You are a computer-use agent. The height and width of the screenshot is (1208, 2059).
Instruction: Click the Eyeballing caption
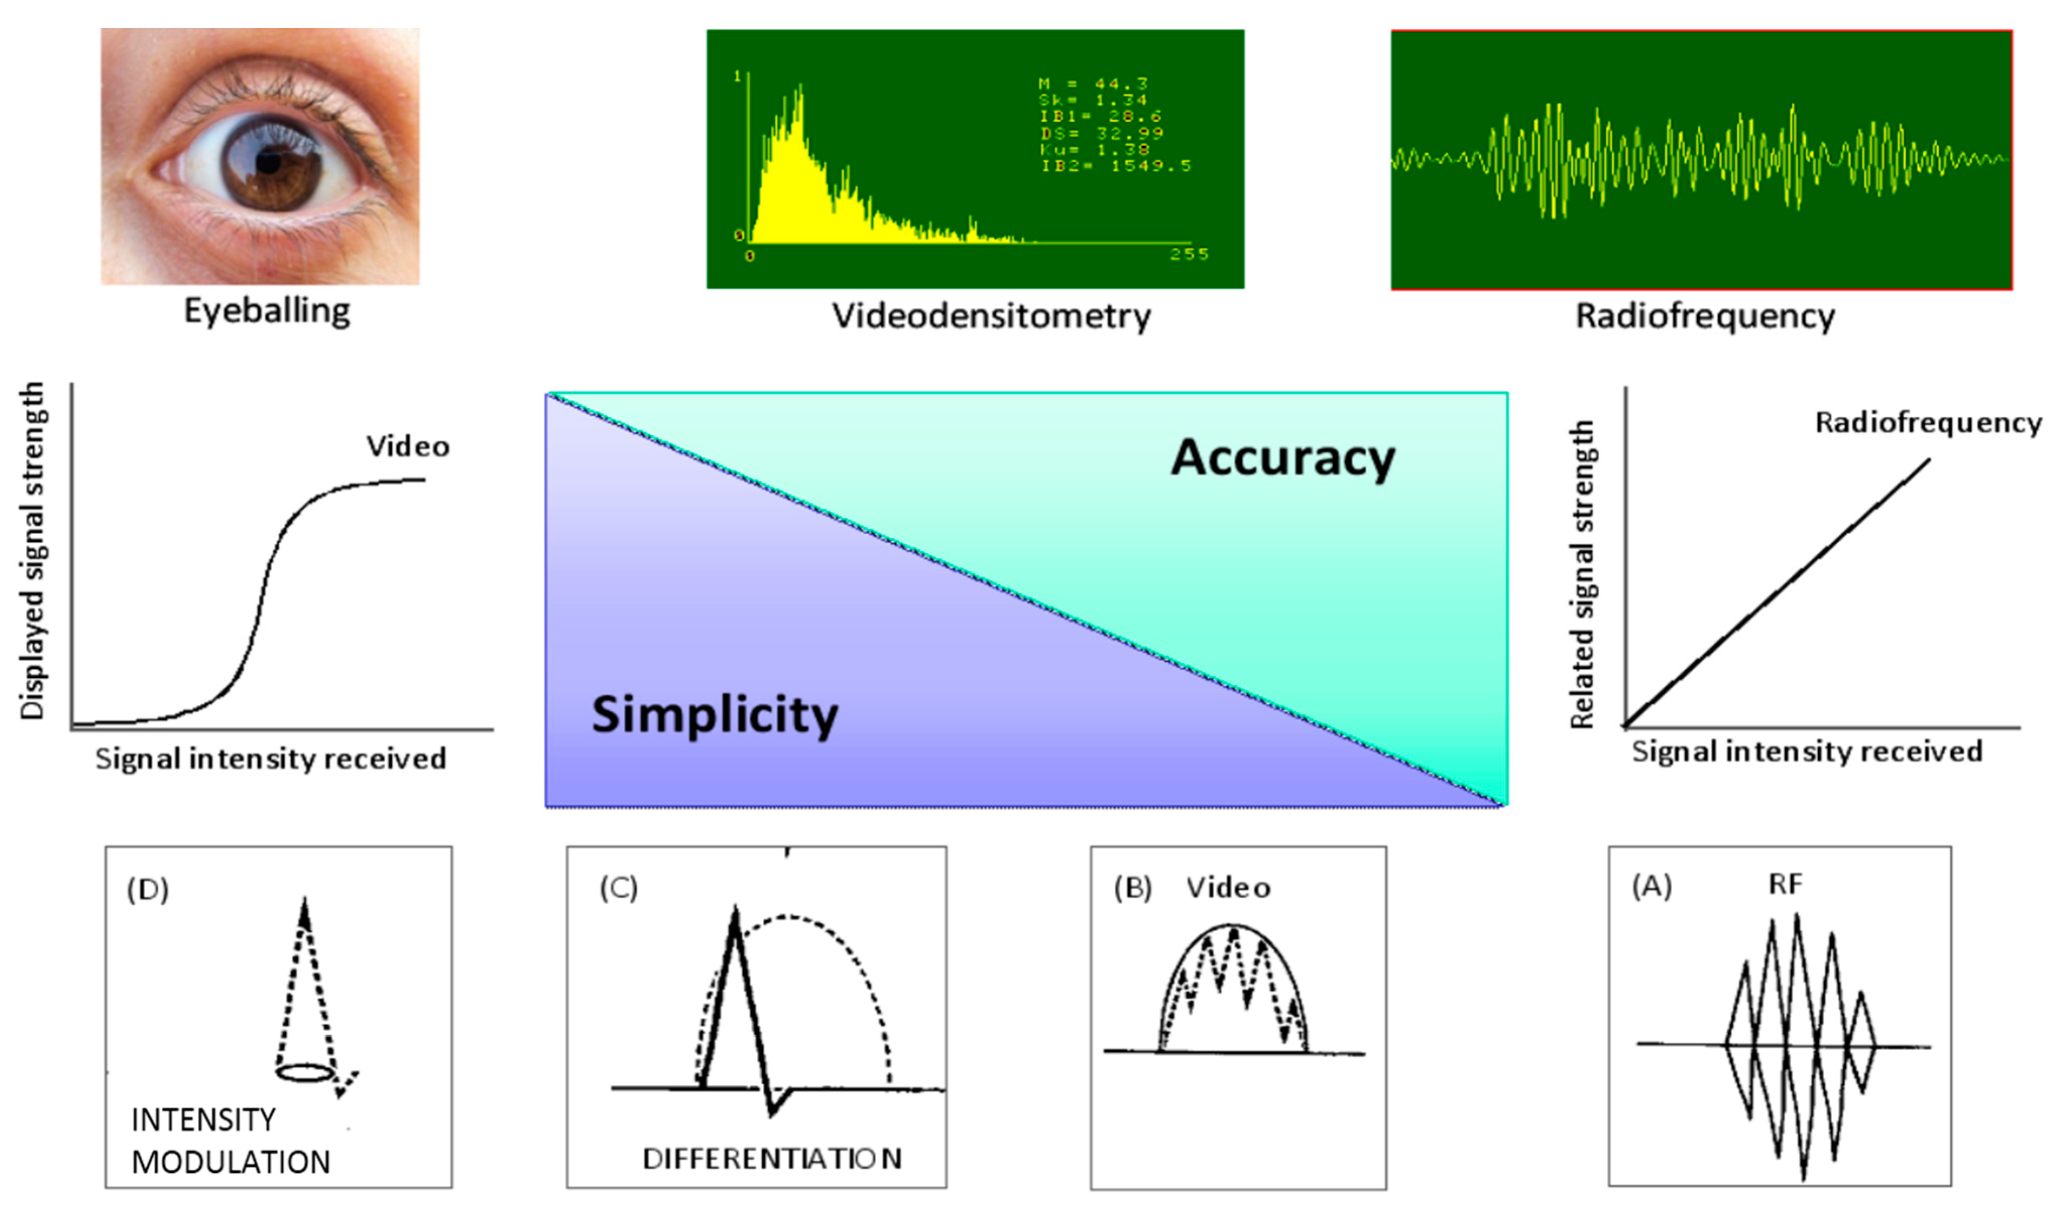[x=267, y=311]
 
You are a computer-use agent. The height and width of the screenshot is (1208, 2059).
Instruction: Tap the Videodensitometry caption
[x=991, y=316]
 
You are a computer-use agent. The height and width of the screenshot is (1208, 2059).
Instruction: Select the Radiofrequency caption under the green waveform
[x=1705, y=316]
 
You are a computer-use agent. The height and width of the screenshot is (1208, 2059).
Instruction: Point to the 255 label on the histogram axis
[x=1189, y=254]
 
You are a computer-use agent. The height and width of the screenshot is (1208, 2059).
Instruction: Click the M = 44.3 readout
[x=1093, y=83]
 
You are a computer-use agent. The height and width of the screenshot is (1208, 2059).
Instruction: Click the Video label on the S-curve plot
[x=408, y=447]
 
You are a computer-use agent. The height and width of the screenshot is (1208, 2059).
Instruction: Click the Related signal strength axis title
[x=1583, y=574]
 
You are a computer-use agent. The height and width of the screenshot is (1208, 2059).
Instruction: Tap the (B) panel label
[x=1132, y=888]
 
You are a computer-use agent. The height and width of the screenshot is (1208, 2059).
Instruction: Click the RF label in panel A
[x=1785, y=884]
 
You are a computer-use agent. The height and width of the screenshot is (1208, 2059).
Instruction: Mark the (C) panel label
[x=619, y=888]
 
